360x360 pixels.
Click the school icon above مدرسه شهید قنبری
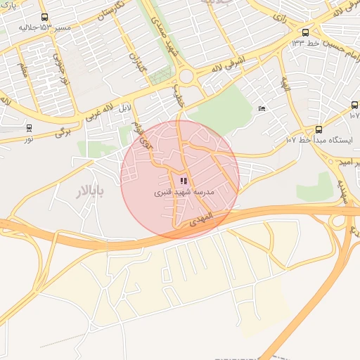(x=183, y=181)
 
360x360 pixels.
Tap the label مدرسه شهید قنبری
(x=183, y=192)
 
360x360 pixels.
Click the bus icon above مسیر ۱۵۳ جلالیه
(x=45, y=17)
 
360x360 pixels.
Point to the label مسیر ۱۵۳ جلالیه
(x=45, y=27)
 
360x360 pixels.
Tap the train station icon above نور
(x=29, y=128)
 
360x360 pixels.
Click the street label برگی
(x=64, y=131)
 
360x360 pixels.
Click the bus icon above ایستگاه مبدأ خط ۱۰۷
(x=319, y=129)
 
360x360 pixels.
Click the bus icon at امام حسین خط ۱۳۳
(x=305, y=32)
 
